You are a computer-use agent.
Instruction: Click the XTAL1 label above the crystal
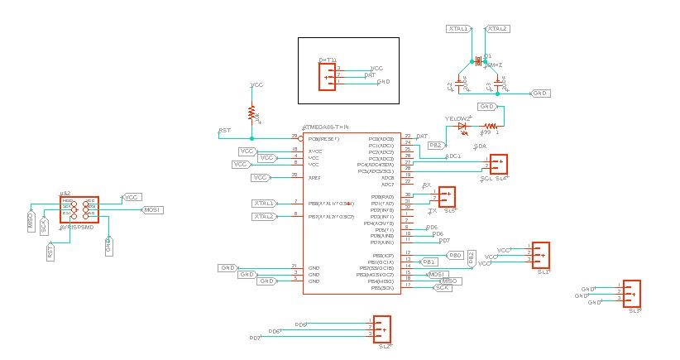[x=458, y=29]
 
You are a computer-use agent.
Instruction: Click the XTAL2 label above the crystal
[x=496, y=29]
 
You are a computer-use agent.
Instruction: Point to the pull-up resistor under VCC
[x=251, y=113]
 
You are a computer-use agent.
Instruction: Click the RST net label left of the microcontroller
[x=224, y=131]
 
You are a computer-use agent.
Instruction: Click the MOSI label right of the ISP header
[x=151, y=210]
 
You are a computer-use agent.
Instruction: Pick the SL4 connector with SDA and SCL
[x=499, y=164]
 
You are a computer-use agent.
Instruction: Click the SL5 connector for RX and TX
[x=446, y=197]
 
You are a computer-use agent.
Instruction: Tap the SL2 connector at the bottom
[x=381, y=329]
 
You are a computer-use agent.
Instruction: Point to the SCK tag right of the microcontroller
[x=448, y=287]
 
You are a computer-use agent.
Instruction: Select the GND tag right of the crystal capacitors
[x=539, y=94]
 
